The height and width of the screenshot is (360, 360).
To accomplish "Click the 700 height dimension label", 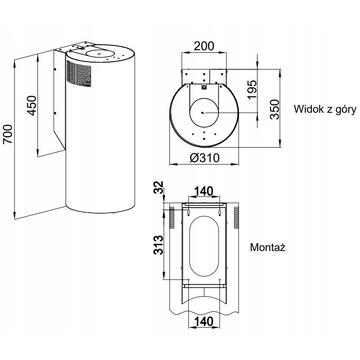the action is click(8, 134).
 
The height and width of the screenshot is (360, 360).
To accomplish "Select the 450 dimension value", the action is click(32, 105).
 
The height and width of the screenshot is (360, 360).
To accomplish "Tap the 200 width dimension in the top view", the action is click(204, 46).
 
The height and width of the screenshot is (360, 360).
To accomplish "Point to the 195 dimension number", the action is click(252, 89).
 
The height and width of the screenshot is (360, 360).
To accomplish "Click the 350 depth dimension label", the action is click(275, 109).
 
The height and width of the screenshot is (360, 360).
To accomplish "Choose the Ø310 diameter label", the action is click(204, 157).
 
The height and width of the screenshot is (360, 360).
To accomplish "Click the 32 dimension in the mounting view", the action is click(159, 187).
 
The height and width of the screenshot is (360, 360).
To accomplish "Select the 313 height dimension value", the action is click(159, 245).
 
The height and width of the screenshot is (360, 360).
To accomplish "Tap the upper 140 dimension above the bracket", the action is click(204, 191).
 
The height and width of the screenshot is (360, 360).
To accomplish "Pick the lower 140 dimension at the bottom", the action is click(204, 322).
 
